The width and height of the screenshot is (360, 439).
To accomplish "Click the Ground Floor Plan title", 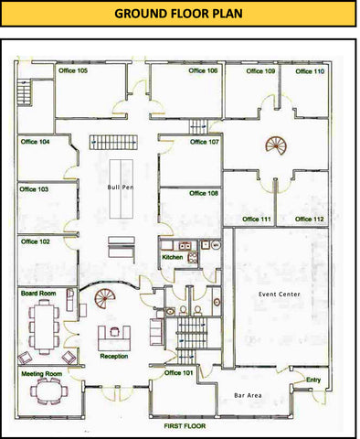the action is (178, 14).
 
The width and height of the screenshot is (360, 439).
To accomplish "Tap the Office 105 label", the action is (73, 70).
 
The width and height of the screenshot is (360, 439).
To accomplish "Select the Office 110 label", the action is (310, 71).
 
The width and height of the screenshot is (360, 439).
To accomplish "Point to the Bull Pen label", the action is (121, 187).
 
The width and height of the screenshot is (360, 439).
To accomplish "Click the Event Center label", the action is (280, 294).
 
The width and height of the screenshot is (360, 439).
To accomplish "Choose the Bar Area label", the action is (248, 395).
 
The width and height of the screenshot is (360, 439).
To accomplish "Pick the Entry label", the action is (313, 380).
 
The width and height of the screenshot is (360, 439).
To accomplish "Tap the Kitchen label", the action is (173, 257).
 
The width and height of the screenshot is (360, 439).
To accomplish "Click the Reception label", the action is (114, 356).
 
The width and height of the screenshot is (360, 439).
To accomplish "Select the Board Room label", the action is (38, 294).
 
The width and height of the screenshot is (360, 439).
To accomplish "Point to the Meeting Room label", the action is (41, 373).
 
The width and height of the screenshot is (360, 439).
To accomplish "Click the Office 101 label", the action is (178, 373).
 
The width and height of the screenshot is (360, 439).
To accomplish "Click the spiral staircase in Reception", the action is (105, 298).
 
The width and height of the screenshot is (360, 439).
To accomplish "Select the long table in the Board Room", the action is (44, 326).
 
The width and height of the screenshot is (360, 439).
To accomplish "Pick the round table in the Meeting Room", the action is (48, 391).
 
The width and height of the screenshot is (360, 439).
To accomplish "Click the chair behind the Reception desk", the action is (114, 331).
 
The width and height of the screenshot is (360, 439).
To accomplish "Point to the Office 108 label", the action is (204, 193).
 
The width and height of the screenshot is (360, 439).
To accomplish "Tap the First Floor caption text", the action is (185, 426).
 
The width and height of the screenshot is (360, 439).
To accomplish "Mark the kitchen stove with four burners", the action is (193, 258).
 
